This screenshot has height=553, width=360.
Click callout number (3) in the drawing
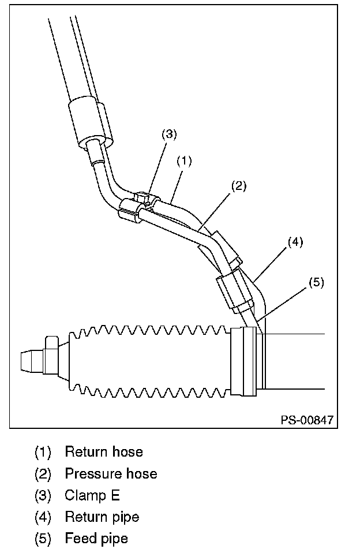coord(168,134)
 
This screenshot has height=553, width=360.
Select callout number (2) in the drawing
coord(239,186)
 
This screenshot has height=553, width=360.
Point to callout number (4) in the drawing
coord(294,242)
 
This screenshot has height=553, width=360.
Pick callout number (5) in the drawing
coord(316,282)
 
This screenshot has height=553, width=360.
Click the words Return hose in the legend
coord(103,451)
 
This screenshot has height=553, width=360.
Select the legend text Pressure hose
coord(111,474)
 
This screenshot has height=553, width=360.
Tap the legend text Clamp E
coord(92,495)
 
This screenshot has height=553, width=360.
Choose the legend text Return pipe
coord(102,517)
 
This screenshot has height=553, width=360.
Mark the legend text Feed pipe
coord(96,539)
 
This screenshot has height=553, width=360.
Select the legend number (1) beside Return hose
coord(43,451)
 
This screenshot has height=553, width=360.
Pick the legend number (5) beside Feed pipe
coord(43,539)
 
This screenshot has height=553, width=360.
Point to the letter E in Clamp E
coord(115,495)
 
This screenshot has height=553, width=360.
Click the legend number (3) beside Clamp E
coord(43,495)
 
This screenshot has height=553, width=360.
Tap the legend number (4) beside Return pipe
coord(43,517)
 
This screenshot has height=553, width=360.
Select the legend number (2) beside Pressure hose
coord(43,474)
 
